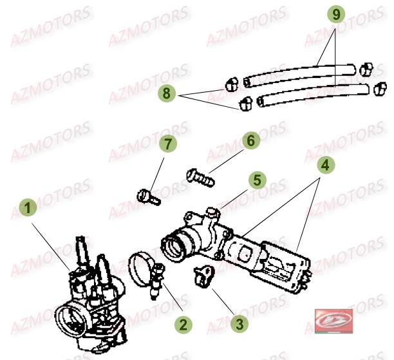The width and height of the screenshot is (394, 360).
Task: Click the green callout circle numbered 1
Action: click(26, 208)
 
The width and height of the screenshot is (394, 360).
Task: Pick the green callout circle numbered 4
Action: click(326, 164)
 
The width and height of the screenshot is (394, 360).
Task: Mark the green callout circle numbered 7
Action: click(168, 145)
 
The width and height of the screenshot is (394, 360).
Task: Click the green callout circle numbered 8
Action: click(167, 93)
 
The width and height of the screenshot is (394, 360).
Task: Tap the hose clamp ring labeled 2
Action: click(143, 269)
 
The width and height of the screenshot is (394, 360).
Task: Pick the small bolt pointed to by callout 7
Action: click(149, 195)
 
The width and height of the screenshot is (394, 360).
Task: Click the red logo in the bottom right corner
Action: click(328, 320)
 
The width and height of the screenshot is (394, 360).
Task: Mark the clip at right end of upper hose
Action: click(366, 68)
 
